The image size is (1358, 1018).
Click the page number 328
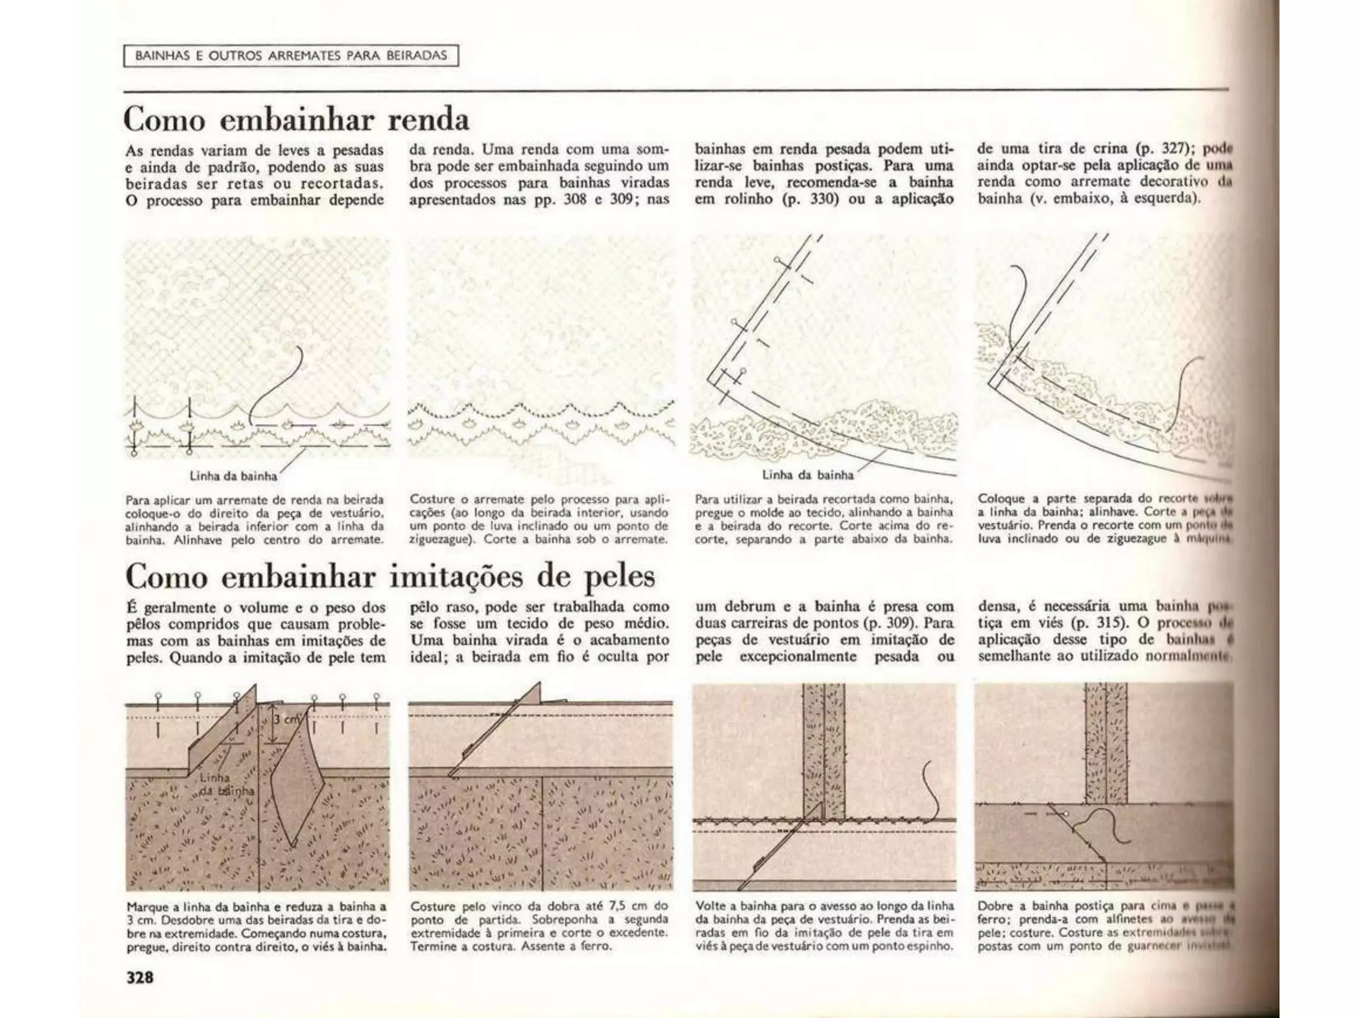point(140,977)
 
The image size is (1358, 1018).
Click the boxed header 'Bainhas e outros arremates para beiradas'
point(291,56)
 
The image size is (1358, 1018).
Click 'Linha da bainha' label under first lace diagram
point(233,475)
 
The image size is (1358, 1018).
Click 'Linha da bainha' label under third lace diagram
point(807,475)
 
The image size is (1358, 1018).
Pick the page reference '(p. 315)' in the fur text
point(1097,623)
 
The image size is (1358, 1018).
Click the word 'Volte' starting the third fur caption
point(710,906)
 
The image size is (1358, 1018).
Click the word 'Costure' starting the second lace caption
point(432,499)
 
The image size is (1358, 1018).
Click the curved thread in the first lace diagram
point(278,384)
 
